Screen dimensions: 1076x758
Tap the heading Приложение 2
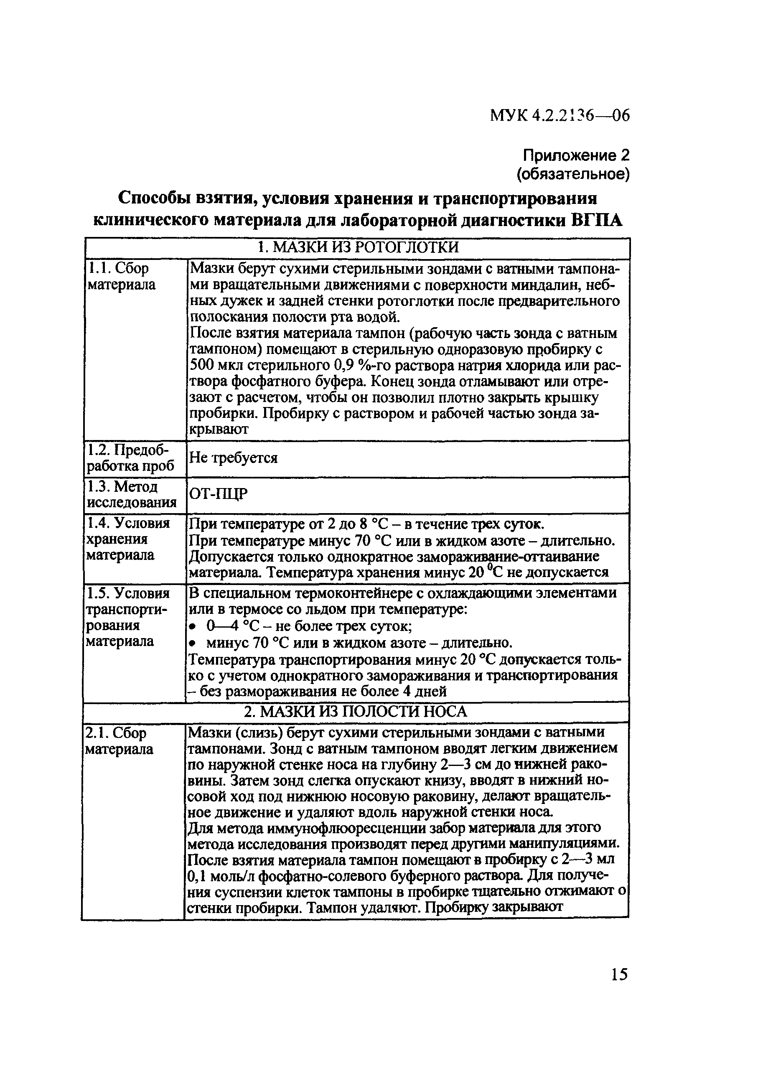576,155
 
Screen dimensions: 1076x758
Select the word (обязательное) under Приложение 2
573,174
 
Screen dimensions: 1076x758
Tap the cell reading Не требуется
233,458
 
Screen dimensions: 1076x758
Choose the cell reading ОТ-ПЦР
218,494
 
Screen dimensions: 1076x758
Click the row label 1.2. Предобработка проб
131,458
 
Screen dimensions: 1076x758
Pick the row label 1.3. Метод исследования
132,494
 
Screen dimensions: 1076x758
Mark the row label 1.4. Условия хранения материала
127,539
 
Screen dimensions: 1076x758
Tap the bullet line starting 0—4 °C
309,626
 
